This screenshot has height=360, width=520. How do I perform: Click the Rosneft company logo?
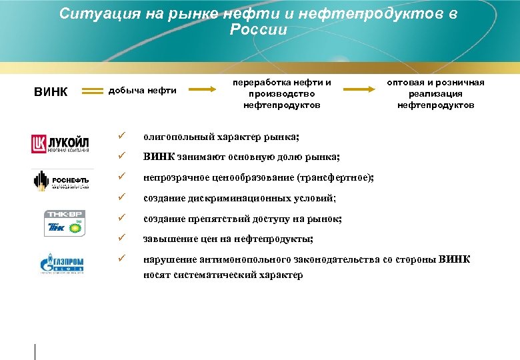(60, 181)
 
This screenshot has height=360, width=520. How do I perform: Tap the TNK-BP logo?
(64, 223)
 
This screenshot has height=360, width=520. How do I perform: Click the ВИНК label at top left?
(51, 91)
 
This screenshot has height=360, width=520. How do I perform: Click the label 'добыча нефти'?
(142, 91)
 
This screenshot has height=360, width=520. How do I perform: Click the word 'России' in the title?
(258, 30)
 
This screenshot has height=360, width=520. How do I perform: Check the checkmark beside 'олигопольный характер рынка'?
(120, 137)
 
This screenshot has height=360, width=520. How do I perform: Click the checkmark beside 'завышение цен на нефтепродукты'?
(120, 238)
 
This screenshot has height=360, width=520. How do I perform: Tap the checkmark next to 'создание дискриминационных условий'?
(120, 198)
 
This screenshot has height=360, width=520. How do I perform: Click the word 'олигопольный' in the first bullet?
(177, 137)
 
